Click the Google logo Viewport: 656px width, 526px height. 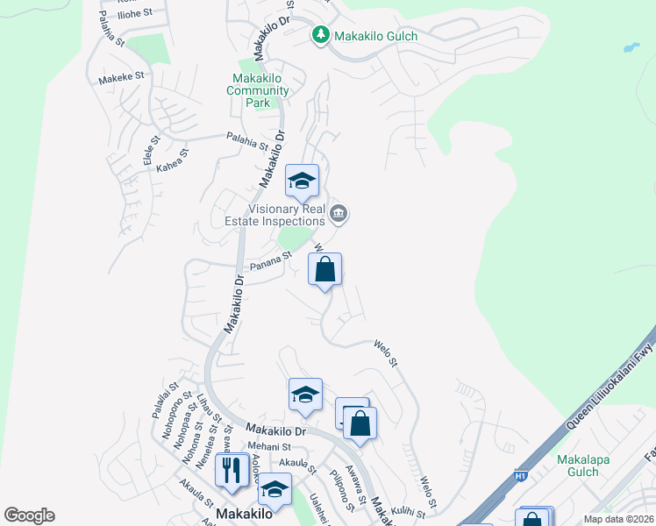(29, 515)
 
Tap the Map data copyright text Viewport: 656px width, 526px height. (618, 519)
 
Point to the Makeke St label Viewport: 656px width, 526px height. (121, 78)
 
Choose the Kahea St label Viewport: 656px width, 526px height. (172, 160)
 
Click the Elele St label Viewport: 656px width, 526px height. (151, 152)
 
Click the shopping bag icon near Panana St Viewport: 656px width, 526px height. (324, 271)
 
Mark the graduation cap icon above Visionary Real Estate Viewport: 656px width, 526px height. (302, 181)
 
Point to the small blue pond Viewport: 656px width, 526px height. (631, 47)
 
